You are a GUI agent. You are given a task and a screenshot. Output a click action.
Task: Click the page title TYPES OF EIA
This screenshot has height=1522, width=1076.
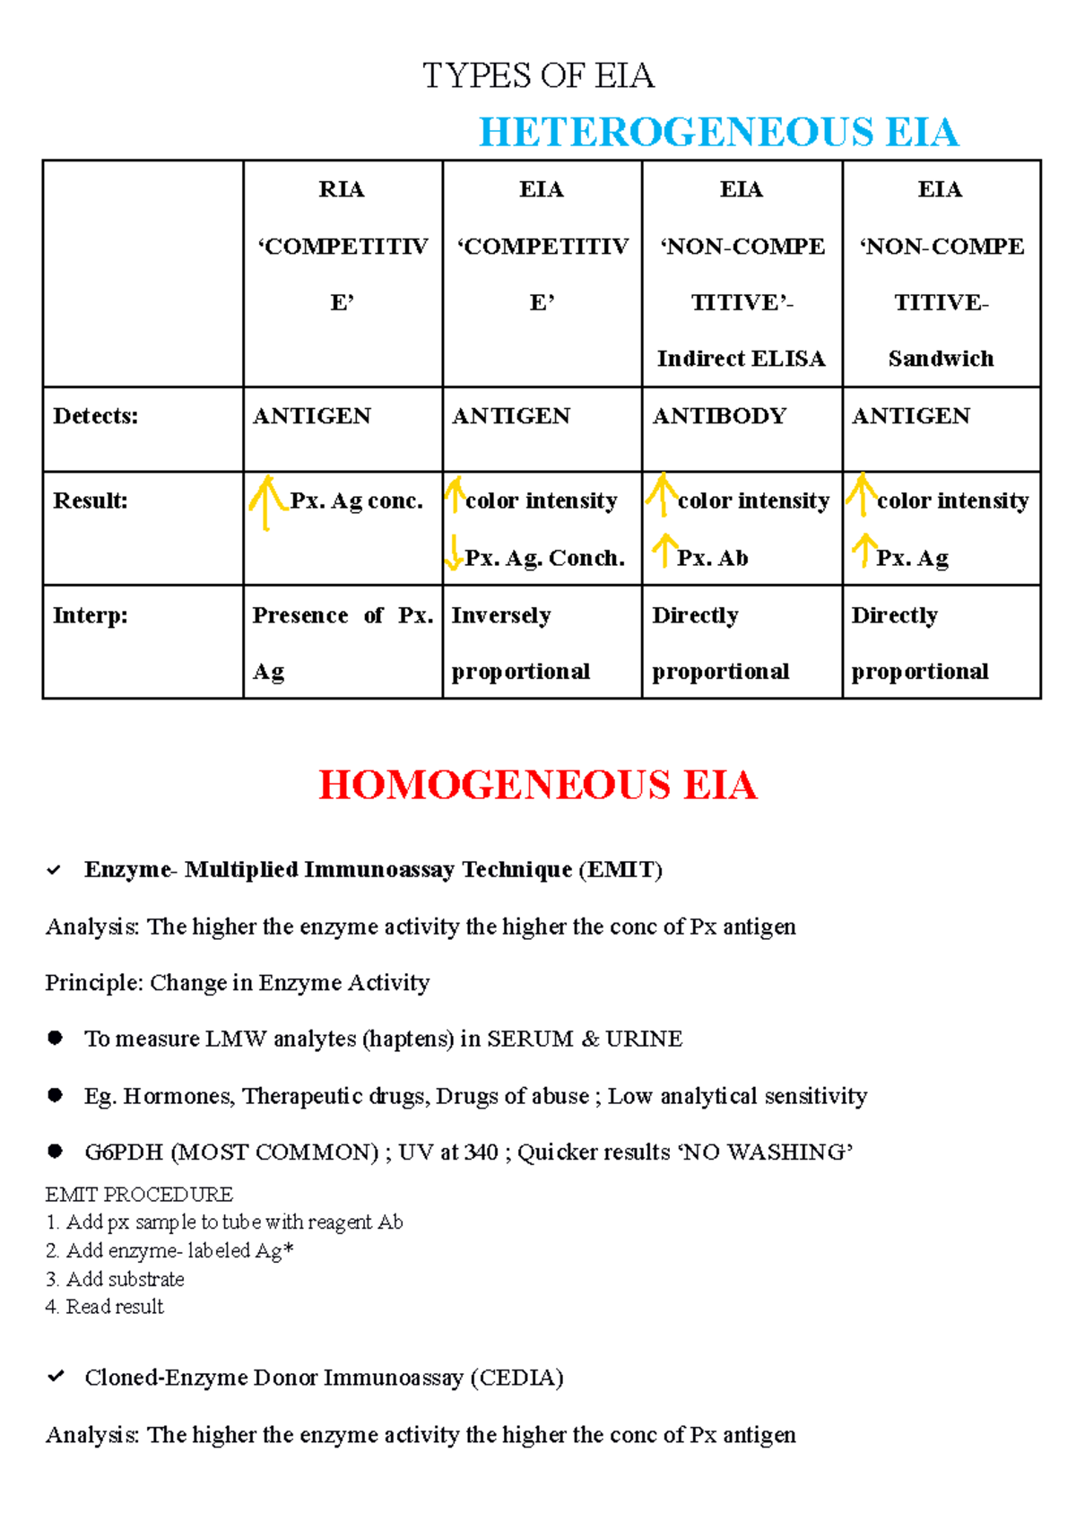tap(538, 75)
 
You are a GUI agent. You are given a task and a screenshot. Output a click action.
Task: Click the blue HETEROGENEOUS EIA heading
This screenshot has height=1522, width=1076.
tap(718, 132)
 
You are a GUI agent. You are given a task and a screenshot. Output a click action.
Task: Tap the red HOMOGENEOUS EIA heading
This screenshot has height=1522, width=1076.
tap(537, 785)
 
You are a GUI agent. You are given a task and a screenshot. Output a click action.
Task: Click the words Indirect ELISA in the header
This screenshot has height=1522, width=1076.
tap(741, 359)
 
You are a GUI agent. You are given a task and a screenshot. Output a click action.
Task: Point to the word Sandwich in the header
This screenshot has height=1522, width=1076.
tap(941, 359)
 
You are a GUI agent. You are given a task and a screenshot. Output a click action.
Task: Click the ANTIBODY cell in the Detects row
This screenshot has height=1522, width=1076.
tap(719, 416)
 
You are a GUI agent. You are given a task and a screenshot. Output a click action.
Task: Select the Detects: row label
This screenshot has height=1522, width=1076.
tap(95, 416)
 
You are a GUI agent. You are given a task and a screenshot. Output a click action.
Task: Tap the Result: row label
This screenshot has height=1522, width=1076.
tap(90, 500)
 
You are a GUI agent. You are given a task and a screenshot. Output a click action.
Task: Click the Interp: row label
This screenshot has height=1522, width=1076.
tap(90, 615)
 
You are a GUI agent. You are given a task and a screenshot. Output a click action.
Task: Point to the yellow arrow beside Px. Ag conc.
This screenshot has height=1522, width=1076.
tap(265, 502)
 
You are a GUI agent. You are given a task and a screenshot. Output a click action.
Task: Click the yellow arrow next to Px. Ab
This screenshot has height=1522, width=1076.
tap(664, 550)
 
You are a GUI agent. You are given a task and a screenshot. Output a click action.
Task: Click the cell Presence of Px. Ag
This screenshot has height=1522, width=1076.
tap(342, 643)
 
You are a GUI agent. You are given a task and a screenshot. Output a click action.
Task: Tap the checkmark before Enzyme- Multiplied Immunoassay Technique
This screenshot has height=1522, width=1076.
tap(55, 870)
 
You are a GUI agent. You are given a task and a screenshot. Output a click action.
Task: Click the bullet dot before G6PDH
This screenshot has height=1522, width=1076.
tap(56, 1151)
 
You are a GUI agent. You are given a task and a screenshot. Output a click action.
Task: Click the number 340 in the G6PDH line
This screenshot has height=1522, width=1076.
tap(482, 1152)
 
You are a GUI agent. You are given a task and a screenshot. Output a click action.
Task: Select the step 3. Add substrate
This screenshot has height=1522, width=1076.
tap(116, 1279)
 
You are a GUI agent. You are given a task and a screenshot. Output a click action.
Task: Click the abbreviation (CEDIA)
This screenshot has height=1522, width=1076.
tap(516, 1378)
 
